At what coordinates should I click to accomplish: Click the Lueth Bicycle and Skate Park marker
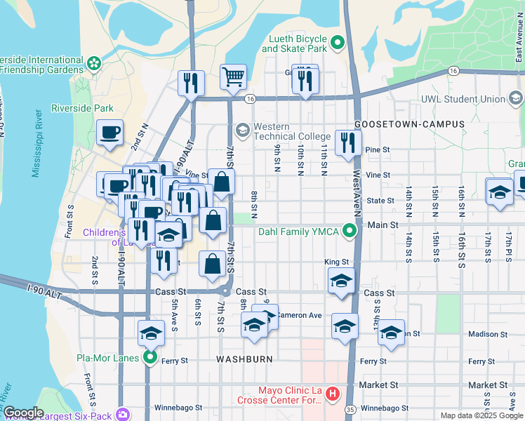(337, 44)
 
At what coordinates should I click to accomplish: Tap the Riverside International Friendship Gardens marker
(94, 65)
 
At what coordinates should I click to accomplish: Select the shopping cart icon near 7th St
(233, 76)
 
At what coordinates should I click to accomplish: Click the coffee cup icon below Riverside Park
(110, 133)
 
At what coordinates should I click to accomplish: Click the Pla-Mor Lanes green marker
(150, 358)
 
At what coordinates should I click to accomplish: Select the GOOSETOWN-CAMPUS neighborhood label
(410, 124)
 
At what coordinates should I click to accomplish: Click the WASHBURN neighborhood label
(244, 359)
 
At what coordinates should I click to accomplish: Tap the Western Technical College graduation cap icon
(242, 131)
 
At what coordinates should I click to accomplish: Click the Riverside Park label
(82, 109)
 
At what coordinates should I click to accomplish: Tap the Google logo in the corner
(23, 413)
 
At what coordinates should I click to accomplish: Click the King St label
(336, 262)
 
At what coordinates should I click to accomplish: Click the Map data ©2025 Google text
(481, 415)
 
